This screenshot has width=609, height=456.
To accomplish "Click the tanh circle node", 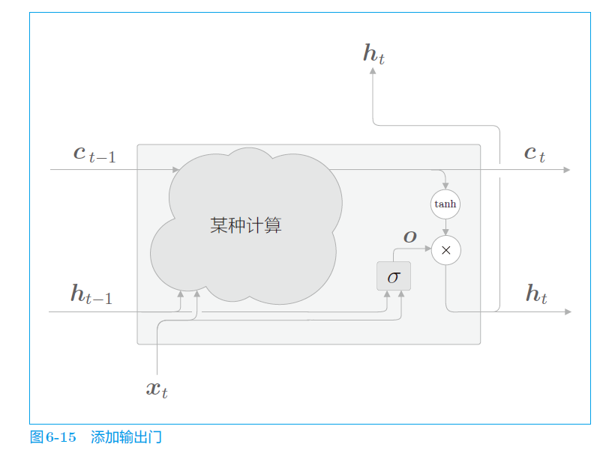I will [x=445, y=204].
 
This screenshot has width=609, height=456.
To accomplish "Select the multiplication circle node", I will [x=445, y=250].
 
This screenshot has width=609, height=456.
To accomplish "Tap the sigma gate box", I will [x=394, y=276].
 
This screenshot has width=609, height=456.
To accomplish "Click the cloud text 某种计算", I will [x=246, y=225].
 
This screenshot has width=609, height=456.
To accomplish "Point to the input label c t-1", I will [x=94, y=154].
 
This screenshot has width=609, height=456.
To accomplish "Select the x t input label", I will [x=156, y=389].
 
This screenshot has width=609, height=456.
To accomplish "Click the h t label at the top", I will [x=373, y=54].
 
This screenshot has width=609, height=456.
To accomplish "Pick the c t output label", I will [x=534, y=153].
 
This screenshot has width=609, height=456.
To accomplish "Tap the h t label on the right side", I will [x=536, y=294].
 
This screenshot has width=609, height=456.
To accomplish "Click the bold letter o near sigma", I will [x=409, y=236].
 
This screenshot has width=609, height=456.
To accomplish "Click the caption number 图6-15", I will [x=53, y=437].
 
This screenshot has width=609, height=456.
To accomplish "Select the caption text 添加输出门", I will [x=126, y=437].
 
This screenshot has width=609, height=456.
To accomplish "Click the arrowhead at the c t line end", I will [x=566, y=170].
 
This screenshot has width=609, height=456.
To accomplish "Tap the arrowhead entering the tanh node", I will [x=445, y=186].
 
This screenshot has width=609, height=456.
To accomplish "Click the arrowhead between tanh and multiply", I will [x=445, y=232].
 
